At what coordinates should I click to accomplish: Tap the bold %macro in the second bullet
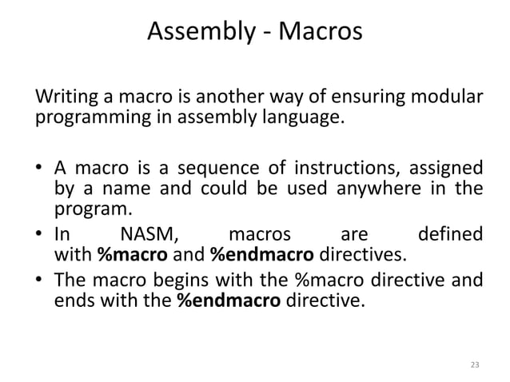(x=126, y=256)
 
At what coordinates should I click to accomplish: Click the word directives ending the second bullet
(x=362, y=256)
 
